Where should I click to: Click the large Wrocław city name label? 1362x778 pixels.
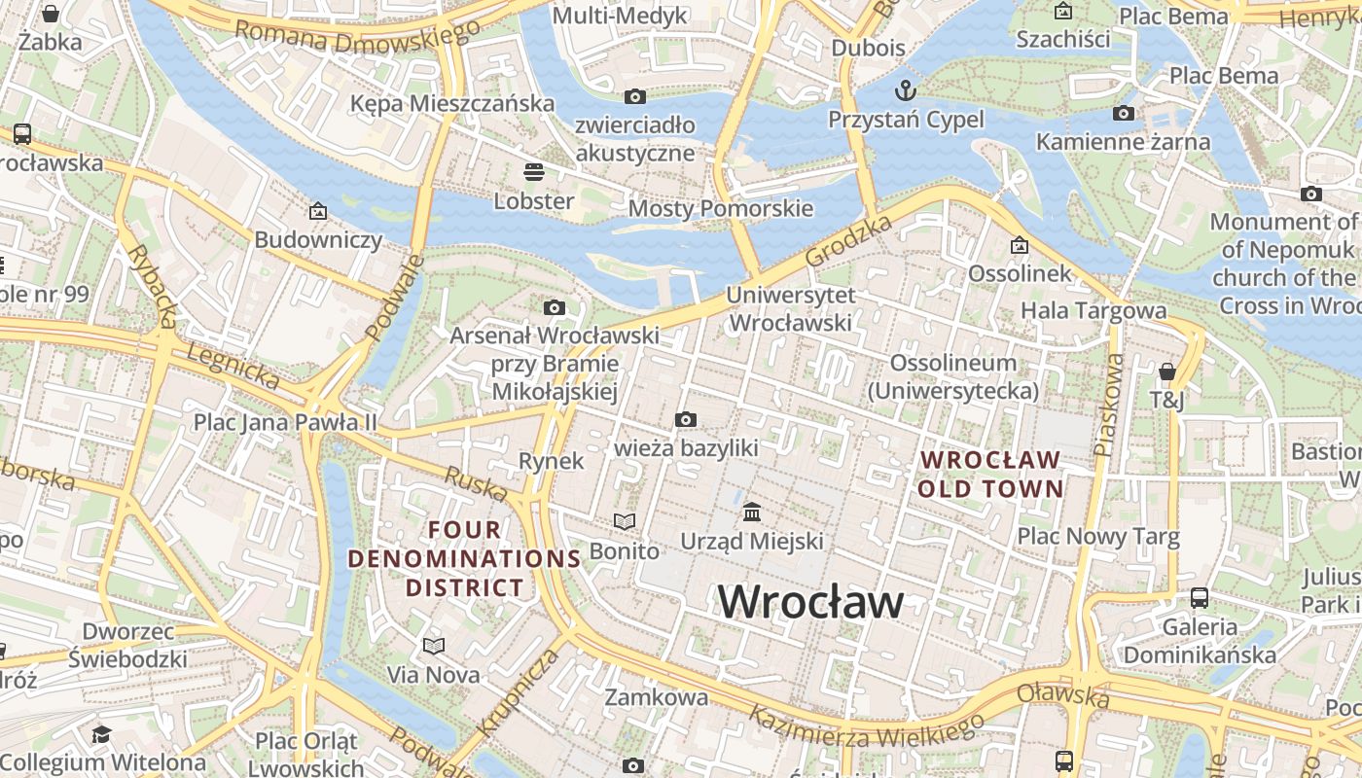[x=810, y=602]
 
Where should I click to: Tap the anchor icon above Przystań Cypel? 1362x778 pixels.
[x=906, y=90]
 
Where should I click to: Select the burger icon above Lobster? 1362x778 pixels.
[x=533, y=172]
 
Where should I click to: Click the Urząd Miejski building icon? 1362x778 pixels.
[x=752, y=512]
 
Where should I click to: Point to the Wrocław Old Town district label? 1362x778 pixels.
[x=990, y=474]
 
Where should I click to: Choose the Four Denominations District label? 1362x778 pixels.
[x=465, y=559]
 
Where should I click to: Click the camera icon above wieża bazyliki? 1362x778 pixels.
[x=686, y=419]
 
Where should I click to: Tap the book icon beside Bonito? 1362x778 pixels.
[x=624, y=522]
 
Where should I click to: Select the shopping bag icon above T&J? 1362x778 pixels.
[x=1167, y=371]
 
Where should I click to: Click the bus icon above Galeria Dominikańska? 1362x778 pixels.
[x=1200, y=598]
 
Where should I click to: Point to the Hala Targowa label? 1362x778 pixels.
[x=1093, y=311]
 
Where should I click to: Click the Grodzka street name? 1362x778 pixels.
[x=849, y=241]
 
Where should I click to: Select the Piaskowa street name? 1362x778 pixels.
[x=1108, y=405]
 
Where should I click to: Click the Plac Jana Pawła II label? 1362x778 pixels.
[x=285, y=422]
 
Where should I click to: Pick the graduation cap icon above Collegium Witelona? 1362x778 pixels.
[x=102, y=733]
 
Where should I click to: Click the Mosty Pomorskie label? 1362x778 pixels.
[x=720, y=208]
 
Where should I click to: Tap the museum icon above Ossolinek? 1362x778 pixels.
[x=1020, y=245]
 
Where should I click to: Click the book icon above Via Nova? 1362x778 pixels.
[x=434, y=646]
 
